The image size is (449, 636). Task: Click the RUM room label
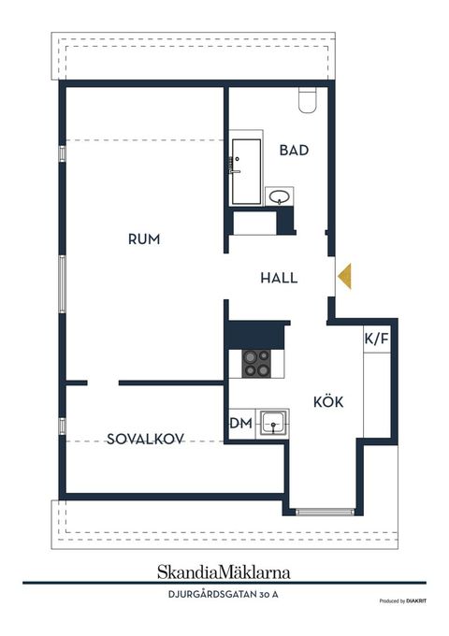[144, 239]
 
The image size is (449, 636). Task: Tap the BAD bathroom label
[294, 150]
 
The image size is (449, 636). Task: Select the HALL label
[279, 278]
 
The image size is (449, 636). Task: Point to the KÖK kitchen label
[328, 402]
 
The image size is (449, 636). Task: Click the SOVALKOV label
[144, 438]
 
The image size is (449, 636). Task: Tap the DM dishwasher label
[240, 424]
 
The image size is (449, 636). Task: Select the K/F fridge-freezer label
[376, 339]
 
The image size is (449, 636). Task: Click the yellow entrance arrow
[344, 276]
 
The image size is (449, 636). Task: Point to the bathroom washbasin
[279, 196]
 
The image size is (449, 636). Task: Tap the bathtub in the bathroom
[247, 171]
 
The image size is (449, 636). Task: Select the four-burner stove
[257, 363]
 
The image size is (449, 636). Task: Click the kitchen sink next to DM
[273, 424]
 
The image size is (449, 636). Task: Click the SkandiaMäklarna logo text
[224, 571]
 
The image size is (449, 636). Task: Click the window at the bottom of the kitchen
[325, 512]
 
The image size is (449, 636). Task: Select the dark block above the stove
[257, 334]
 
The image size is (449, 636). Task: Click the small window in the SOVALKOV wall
[62, 426]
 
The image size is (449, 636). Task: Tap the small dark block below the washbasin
[286, 220]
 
